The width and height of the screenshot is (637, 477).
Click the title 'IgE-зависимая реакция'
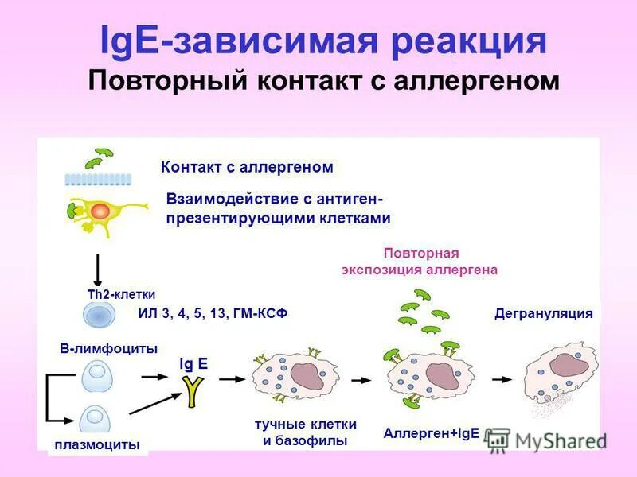[323, 41]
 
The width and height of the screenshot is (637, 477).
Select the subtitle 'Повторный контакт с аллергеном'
[323, 81]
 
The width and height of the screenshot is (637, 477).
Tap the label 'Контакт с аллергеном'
[247, 167]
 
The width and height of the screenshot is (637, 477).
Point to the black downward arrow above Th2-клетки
[98, 270]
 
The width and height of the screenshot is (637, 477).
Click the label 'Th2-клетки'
[121, 294]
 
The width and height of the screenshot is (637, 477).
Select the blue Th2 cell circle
[100, 314]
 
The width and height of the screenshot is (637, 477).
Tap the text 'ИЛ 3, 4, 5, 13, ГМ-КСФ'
[212, 314]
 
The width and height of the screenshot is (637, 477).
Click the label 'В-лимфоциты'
[108, 348]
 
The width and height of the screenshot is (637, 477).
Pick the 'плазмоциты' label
[99, 444]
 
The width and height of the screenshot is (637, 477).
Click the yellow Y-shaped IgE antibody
[192, 390]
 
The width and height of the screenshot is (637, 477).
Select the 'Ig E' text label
[193, 363]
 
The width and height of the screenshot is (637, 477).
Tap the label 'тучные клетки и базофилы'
[305, 432]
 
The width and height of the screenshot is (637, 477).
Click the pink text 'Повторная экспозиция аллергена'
[420, 261]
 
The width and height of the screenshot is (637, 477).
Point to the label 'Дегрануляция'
[544, 313]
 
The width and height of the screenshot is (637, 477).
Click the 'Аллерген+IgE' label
[431, 433]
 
